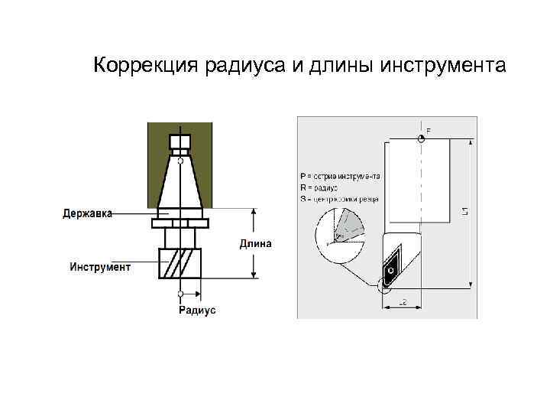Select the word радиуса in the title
(x=241, y=66)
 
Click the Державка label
(x=87, y=213)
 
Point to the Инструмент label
(x=100, y=267)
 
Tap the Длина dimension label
(x=256, y=244)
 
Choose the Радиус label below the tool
(x=197, y=310)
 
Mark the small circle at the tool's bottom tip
(x=180, y=294)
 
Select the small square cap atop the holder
(x=180, y=143)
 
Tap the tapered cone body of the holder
(x=180, y=184)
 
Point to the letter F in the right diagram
(x=428, y=131)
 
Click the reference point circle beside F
(x=420, y=138)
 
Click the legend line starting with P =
(x=340, y=176)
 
